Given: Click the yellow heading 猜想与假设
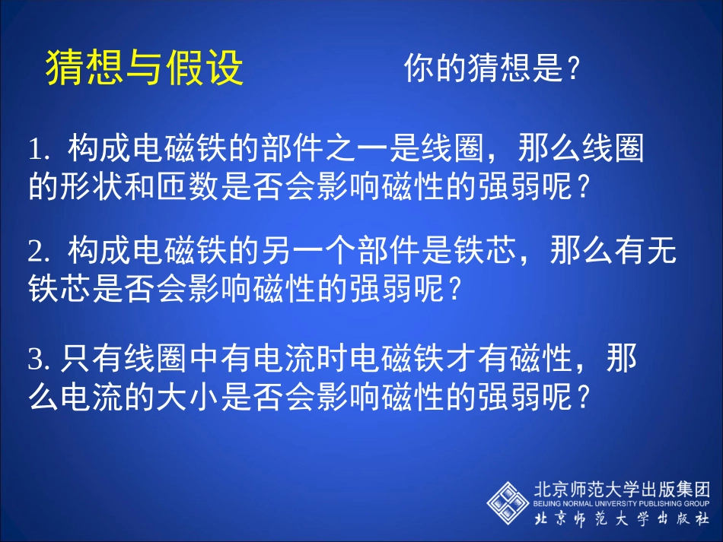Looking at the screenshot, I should click(145, 68).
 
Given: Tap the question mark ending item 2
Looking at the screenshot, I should click(455, 289).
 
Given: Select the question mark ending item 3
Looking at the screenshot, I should click(584, 398).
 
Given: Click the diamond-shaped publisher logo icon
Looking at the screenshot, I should click(508, 502).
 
